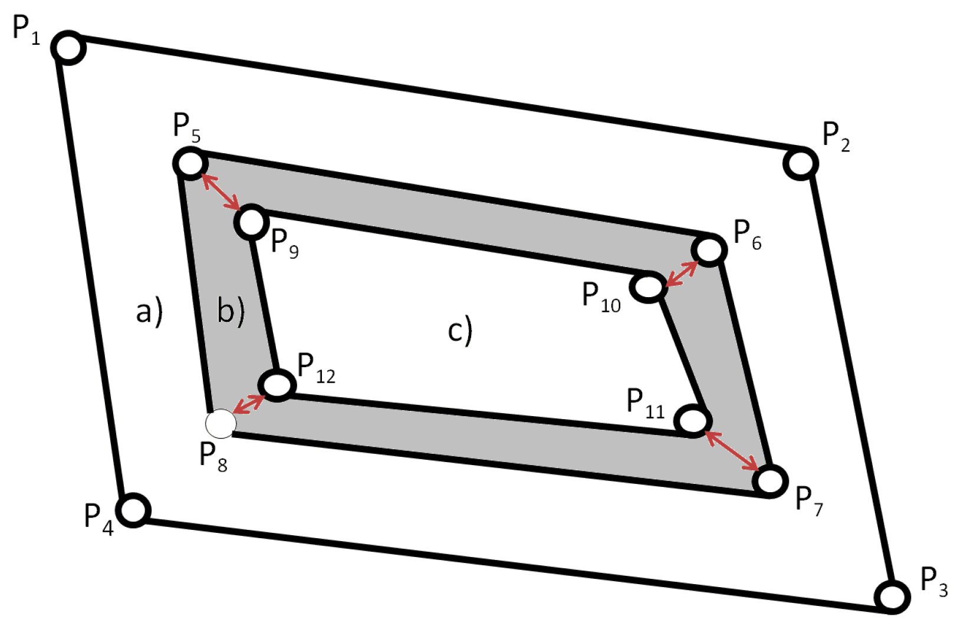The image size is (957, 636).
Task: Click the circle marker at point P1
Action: [x=69, y=48]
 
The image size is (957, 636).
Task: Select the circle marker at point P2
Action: [x=801, y=163]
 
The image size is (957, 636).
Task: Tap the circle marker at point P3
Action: [x=892, y=597]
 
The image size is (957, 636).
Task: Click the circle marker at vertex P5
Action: [x=190, y=163]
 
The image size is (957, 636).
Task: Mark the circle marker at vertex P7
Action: [x=770, y=480]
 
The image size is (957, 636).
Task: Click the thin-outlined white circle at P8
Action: [x=221, y=424]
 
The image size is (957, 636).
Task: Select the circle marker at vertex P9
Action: [x=252, y=222]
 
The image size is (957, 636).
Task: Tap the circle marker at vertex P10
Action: [x=649, y=287]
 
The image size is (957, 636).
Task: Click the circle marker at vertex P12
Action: [x=277, y=385]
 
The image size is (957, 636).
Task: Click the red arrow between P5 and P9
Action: [x=221, y=192]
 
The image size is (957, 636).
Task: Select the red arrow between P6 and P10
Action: [x=681, y=273]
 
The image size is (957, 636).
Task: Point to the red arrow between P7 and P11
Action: [x=732, y=451]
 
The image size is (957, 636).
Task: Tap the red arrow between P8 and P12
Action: [x=249, y=404]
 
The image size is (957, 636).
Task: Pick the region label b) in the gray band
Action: [x=231, y=310]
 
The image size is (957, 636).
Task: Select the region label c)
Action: [x=460, y=330]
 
